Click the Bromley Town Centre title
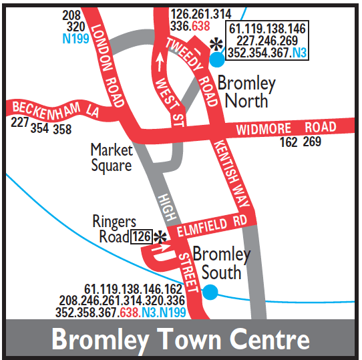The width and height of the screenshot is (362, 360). [180, 339]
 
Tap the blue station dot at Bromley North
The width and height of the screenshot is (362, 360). [217, 59]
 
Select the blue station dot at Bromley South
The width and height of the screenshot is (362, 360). [210, 291]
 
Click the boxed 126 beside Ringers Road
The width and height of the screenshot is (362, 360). [142, 236]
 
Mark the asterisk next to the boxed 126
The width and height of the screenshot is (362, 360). [160, 237]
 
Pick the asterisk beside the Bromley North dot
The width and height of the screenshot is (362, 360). [215, 44]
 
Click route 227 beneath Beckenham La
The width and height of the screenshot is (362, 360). [19, 124]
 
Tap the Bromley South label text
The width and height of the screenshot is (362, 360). [220, 263]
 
